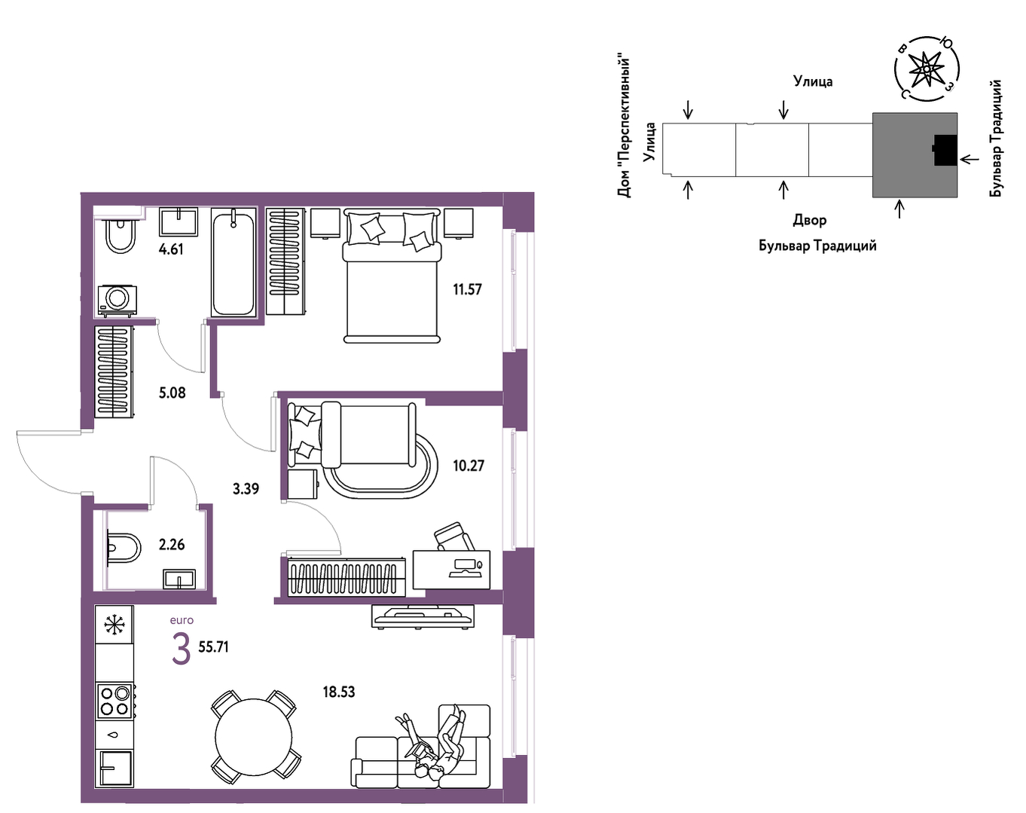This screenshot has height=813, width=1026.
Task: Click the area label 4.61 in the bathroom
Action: [x=171, y=249]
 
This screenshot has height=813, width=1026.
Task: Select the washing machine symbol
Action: [x=118, y=301]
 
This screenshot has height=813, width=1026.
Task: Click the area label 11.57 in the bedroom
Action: [x=467, y=289]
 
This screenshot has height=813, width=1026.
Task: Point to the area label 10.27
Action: [x=469, y=466]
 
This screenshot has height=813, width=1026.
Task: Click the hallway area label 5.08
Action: [x=172, y=393]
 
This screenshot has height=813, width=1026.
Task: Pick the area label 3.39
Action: [x=246, y=489]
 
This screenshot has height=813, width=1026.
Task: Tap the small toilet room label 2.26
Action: [x=172, y=545]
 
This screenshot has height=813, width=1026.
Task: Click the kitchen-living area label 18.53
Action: [x=339, y=692]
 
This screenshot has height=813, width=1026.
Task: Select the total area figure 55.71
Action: [x=214, y=647]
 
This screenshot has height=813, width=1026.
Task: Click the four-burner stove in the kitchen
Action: [x=115, y=701]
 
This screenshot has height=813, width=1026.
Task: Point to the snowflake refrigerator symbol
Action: [x=115, y=625]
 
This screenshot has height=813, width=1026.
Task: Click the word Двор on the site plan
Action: [x=810, y=221]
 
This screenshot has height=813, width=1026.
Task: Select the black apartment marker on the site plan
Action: [x=945, y=150]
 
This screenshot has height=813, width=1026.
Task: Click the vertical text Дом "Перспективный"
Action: [x=624, y=127]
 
